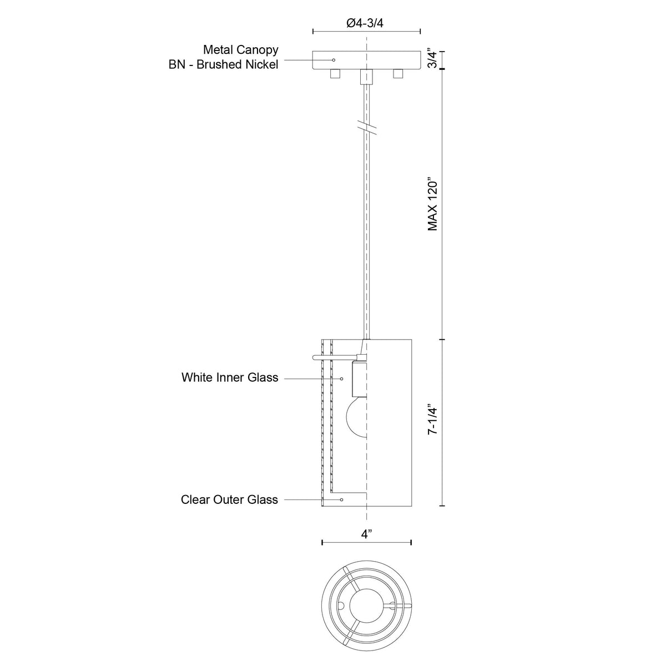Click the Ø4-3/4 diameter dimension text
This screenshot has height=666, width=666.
click(x=365, y=23)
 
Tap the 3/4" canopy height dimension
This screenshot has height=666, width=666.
click(x=432, y=59)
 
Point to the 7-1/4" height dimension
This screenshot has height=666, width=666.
click(x=432, y=423)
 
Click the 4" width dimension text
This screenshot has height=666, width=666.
click(x=366, y=534)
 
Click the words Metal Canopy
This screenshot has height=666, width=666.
click(x=240, y=50)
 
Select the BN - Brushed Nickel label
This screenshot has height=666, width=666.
click(x=223, y=64)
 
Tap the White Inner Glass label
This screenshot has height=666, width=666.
click(x=230, y=377)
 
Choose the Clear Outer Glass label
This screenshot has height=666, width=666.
click(x=229, y=500)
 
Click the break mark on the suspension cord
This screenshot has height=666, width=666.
click(x=366, y=127)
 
